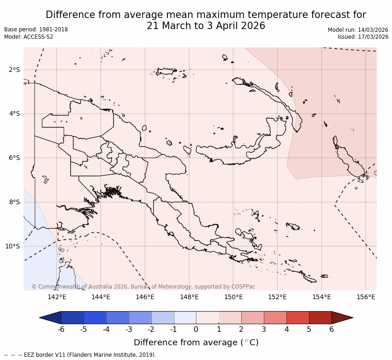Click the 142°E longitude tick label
click(x=57, y=297)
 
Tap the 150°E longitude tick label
click(x=233, y=297)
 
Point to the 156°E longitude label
click(x=366, y=297)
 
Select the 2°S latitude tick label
click(x=14, y=70)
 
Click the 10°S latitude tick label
click(x=12, y=246)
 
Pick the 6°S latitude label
click(x=14, y=158)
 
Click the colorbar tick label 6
click(x=332, y=329)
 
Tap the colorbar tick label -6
click(x=60, y=329)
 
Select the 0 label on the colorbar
click(x=196, y=329)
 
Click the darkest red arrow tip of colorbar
click(x=344, y=318)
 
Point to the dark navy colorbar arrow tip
click(x=49, y=318)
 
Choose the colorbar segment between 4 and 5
click(x=297, y=318)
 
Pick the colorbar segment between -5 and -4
click(x=95, y=318)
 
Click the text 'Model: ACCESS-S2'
click(x=29, y=37)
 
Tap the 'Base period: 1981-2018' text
click(x=36, y=30)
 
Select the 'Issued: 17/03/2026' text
click(x=363, y=37)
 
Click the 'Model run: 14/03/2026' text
click(x=358, y=30)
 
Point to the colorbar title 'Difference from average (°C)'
click(x=196, y=342)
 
